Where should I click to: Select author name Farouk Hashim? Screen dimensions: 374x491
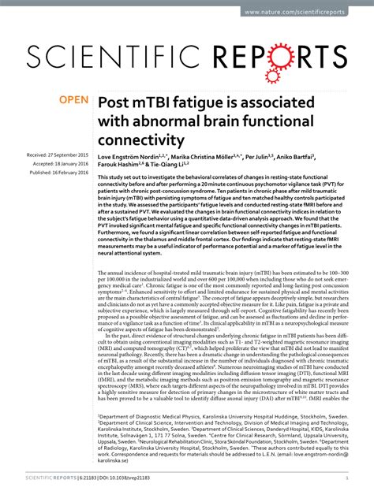pyautogui.click(x=120, y=167)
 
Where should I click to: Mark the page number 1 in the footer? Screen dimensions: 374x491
pyautogui.click(x=346, y=478)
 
